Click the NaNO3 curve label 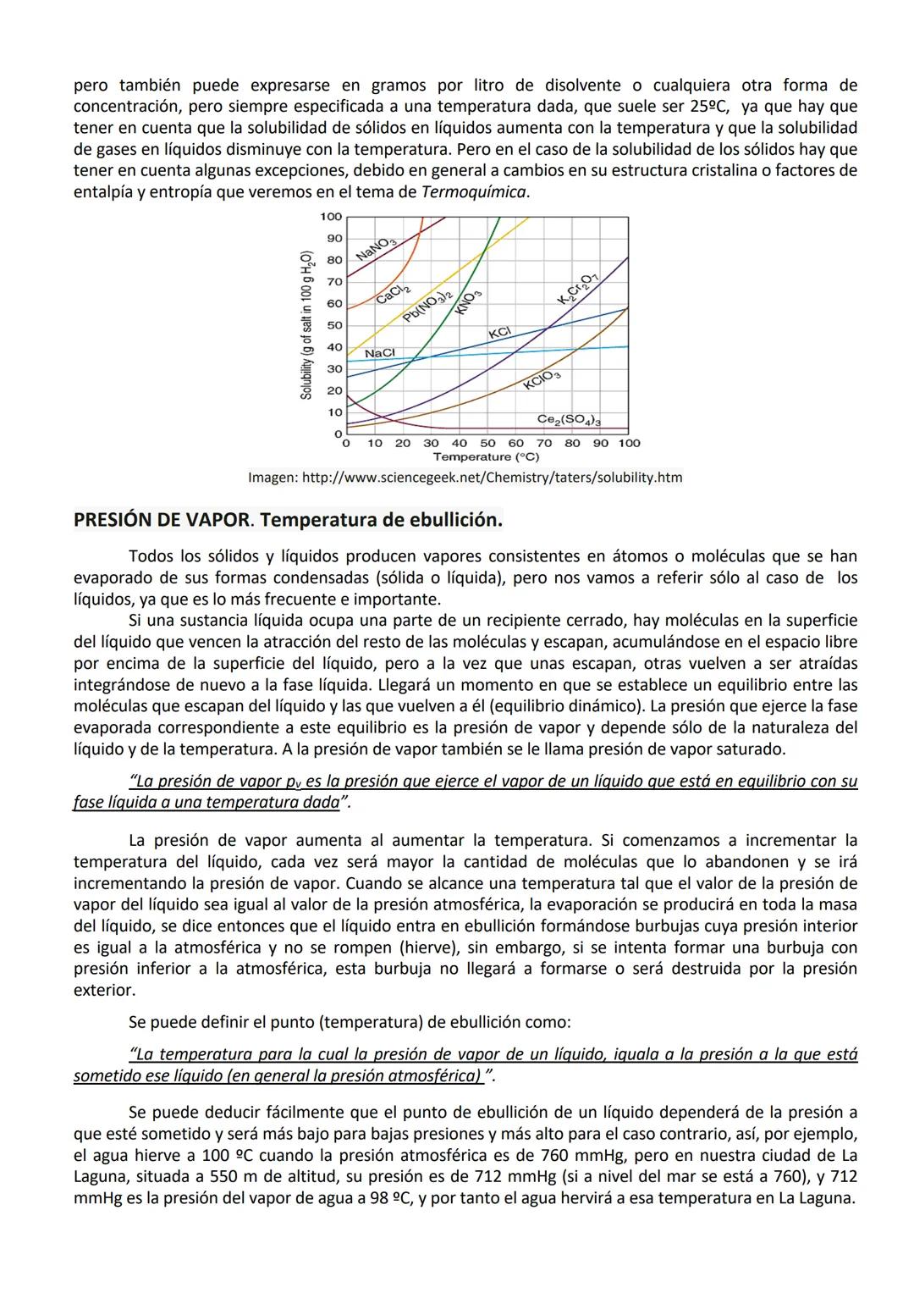377,248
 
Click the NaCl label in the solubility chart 379,352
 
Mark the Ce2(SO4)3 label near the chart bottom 569,420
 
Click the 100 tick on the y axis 331,217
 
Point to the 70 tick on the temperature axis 544,443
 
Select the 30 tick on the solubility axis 333,369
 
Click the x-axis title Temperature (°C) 486,456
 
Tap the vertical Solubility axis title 307,325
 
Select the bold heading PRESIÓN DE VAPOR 162,519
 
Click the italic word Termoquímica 474,192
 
